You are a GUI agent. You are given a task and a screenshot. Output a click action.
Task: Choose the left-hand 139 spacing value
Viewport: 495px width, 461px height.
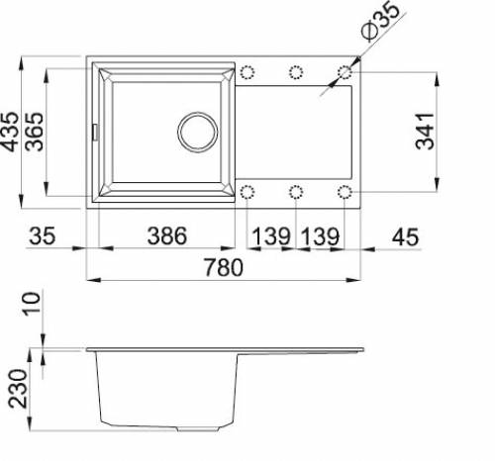[x=270, y=236]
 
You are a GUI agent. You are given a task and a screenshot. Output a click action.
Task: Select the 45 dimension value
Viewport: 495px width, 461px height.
[x=407, y=236]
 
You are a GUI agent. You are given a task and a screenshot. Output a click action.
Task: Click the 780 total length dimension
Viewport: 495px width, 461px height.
[x=226, y=267]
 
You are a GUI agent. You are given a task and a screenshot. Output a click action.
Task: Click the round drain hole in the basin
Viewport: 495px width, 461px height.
[x=196, y=131]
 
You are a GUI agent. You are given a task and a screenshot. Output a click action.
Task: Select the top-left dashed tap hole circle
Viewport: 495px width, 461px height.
[x=247, y=72]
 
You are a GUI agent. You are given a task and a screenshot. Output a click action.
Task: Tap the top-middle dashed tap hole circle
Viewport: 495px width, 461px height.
[x=296, y=72]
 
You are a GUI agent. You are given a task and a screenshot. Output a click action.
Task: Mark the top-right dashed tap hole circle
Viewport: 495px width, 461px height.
[x=346, y=72]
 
